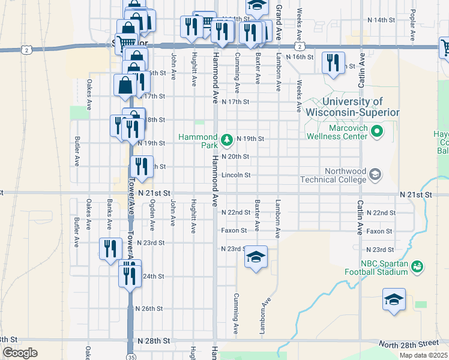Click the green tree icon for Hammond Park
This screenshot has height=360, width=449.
tap(227, 140)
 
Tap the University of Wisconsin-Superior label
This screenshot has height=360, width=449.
tap(352, 107)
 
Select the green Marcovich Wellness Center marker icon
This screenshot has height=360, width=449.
tap(377, 130)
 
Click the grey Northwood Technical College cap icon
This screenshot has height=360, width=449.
tap(375, 175)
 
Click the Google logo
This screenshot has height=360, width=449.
tap(20, 353)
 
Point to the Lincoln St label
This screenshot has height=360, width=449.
tap(235, 175)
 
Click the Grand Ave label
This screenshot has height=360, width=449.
tap(279, 12)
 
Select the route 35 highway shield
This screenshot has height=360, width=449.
tap(130, 355)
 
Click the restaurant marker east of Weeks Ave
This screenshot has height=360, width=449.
tap(333, 62)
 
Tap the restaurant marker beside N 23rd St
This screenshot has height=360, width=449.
tap(110, 248)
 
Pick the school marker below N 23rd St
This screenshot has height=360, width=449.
tap(256, 258)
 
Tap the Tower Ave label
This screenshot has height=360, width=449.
tap(130, 209)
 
